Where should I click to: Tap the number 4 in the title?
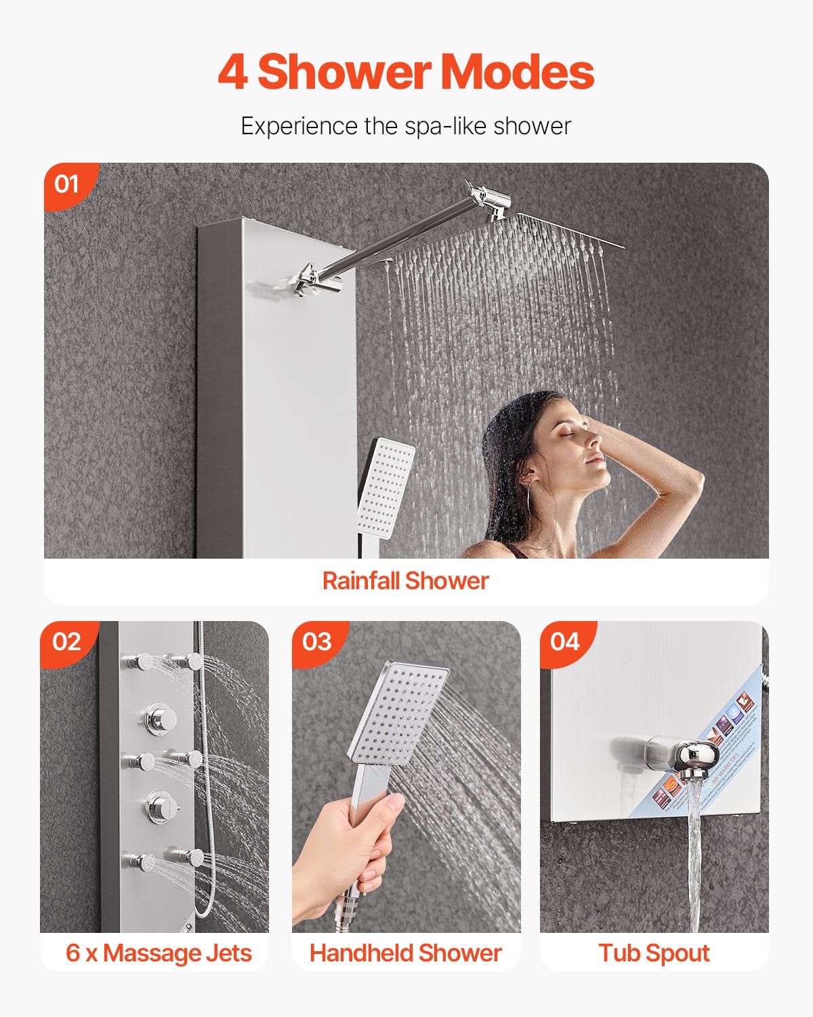point(232,73)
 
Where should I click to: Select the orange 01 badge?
point(67,184)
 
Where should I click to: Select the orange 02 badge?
point(66,641)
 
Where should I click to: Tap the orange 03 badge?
point(317,641)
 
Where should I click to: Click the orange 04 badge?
point(565,641)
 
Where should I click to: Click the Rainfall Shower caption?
point(405,581)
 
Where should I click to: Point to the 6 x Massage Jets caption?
point(159,953)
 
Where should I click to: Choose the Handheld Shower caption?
point(405,953)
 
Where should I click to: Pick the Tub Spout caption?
point(654,953)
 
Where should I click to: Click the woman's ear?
point(529,474)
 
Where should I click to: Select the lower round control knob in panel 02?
point(161,806)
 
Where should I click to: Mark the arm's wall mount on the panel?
point(309,281)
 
